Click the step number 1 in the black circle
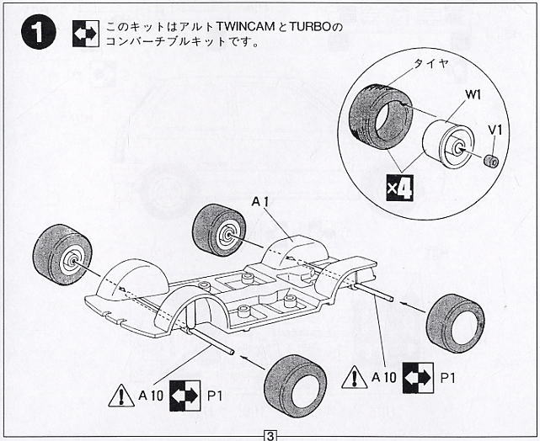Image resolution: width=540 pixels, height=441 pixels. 35,34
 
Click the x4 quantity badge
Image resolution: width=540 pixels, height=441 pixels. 399,189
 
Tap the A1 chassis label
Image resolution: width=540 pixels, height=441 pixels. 261,200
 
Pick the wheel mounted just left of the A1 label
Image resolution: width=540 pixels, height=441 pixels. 218,231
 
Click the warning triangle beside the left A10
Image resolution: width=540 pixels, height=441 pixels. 121,394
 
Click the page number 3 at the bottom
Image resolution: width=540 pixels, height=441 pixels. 270,434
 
